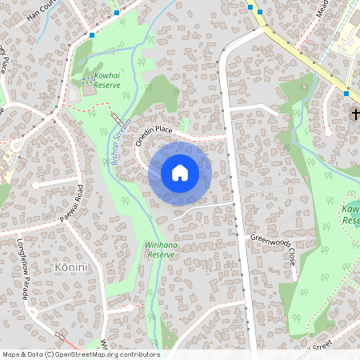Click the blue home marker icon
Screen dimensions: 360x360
tap(180, 173)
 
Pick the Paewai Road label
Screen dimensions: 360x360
tap(71, 205)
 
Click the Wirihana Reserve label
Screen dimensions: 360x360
tap(161, 249)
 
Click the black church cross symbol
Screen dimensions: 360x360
tap(355, 114)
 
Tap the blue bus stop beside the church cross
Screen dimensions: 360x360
tap(346, 94)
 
